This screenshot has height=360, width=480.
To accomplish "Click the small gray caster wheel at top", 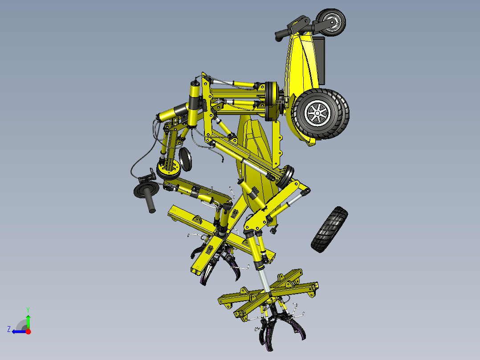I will [x=332, y=22].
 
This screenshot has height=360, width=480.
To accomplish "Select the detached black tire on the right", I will [x=330, y=229].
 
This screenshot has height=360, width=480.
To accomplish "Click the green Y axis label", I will [x=28, y=309].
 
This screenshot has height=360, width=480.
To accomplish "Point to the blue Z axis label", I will [x=8, y=329].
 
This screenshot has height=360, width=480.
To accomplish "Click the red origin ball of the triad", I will [x=28, y=331].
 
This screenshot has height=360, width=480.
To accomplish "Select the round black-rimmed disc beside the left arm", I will [x=185, y=159].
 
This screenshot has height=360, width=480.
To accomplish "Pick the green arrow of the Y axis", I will [x=28, y=321].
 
